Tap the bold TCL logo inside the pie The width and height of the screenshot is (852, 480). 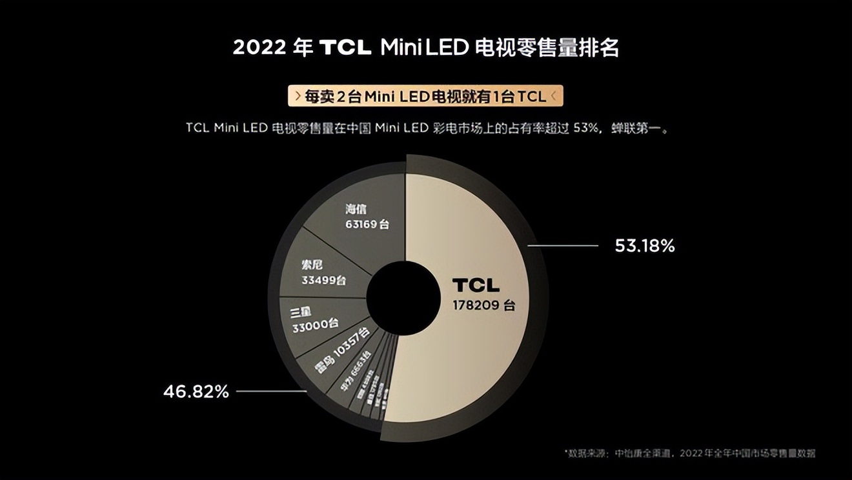pyautogui.click(x=476, y=285)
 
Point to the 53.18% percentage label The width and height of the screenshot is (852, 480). pyautogui.click(x=644, y=246)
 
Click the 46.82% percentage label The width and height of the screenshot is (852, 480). pyautogui.click(x=196, y=392)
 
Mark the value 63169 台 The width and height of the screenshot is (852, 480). pyautogui.click(x=367, y=225)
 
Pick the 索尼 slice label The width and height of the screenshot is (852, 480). pyautogui.click(x=312, y=265)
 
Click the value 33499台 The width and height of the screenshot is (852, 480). pyautogui.click(x=323, y=281)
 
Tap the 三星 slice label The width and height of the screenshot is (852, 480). pyautogui.click(x=301, y=312)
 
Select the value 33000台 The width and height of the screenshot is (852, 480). pyautogui.click(x=315, y=326)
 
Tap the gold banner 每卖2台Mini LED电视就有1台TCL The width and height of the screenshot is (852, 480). pyautogui.click(x=425, y=96)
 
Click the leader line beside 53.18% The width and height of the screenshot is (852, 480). pyautogui.click(x=563, y=246)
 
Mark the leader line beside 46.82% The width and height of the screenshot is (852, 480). pyautogui.click(x=271, y=391)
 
